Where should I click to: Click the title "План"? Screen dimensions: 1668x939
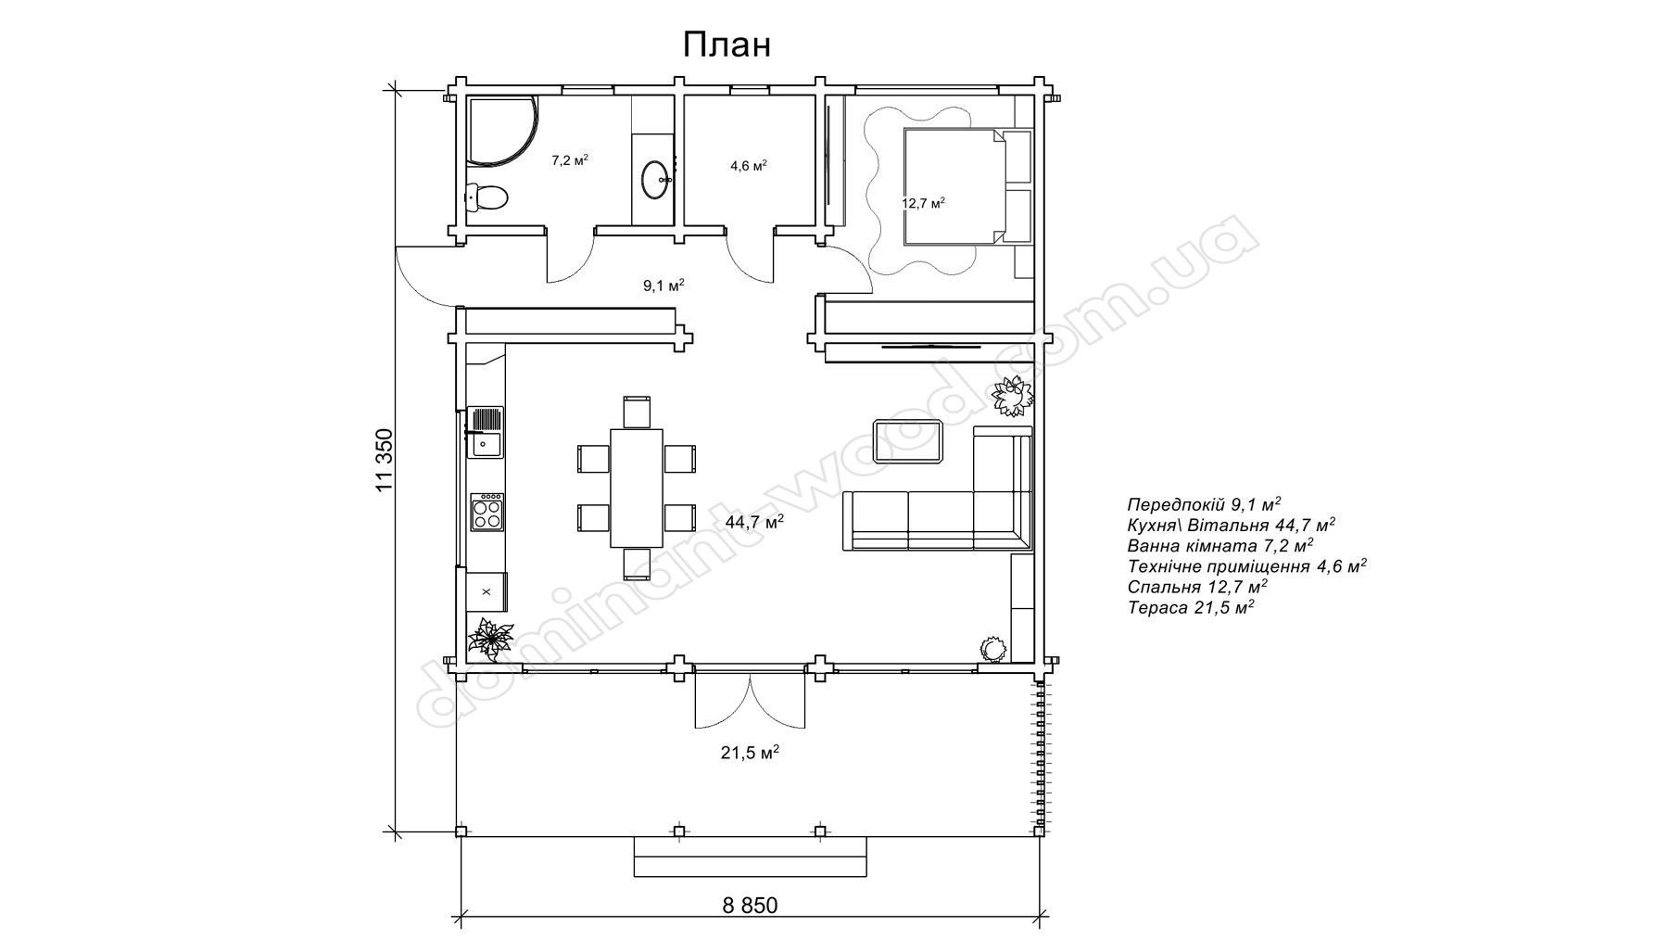(727, 44)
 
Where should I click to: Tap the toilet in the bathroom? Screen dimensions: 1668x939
(486, 197)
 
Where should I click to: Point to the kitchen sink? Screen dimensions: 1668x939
(486, 432)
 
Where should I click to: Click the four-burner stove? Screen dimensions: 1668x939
(487, 512)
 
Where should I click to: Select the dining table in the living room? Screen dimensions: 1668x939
(637, 488)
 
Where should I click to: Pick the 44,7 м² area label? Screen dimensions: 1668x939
(754, 522)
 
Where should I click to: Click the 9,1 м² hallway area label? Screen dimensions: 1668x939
(663, 286)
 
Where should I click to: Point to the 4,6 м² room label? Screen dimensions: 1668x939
(748, 166)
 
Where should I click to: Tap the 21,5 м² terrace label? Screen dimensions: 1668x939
(750, 754)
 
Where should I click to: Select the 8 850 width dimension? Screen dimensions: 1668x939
(750, 906)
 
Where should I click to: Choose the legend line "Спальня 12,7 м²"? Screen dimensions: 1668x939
(1197, 587)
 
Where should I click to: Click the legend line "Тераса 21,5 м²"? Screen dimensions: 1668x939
(1191, 608)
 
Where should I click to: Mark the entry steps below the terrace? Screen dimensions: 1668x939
(751, 857)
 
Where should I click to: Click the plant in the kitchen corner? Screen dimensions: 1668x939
(490, 638)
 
